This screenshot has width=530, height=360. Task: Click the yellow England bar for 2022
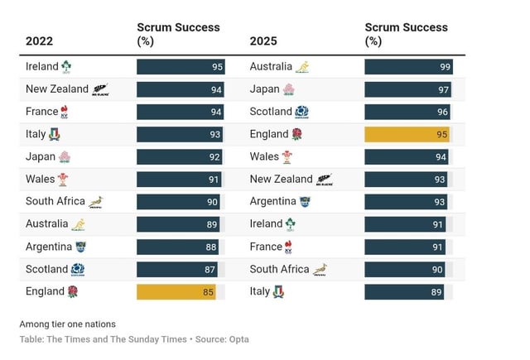(x=176, y=291)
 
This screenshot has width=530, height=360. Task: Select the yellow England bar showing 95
(x=407, y=134)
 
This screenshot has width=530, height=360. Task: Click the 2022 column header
(x=39, y=41)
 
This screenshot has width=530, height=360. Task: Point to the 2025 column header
(x=263, y=41)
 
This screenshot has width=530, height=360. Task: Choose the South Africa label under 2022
(x=55, y=201)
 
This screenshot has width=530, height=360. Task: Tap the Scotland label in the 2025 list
(x=271, y=112)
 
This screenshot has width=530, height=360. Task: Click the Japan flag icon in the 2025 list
(x=288, y=89)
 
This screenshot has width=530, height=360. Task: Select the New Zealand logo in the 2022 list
(x=100, y=89)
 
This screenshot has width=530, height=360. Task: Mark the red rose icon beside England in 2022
(x=72, y=291)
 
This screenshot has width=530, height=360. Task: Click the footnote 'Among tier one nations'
(x=67, y=324)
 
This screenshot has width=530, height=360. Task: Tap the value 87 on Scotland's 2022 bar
(x=210, y=269)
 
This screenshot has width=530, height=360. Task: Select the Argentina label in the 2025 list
(x=272, y=201)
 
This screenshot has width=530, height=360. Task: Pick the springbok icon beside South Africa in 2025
(x=320, y=269)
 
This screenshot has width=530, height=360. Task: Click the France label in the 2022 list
(x=41, y=112)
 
